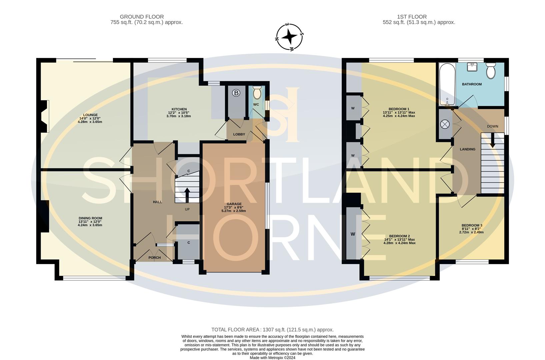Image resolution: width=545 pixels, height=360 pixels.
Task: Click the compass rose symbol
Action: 289,37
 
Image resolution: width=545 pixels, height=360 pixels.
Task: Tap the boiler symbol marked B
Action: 236,93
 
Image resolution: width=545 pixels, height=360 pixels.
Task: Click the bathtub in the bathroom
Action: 447,84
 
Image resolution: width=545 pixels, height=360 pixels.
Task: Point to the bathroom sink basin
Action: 472,67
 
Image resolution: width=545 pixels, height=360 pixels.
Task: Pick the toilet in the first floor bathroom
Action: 491,71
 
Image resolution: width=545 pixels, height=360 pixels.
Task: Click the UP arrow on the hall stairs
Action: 187,195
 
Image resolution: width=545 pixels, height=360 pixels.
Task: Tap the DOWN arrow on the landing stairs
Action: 492,141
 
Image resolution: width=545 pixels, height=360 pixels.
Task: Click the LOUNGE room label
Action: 90,115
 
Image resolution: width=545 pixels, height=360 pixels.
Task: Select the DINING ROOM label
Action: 90,218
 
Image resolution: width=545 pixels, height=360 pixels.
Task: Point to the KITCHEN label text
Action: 179,109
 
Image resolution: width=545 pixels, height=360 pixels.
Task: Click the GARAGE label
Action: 234,204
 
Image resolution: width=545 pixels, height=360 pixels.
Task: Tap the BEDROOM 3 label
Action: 472,225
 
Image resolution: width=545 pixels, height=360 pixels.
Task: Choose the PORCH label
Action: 154,258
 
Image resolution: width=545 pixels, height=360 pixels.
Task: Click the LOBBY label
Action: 239,134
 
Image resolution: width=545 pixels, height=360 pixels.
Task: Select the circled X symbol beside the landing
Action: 445,124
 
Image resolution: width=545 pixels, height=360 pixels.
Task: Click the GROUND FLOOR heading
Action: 142,17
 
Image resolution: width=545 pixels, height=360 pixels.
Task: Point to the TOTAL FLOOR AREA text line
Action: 273,330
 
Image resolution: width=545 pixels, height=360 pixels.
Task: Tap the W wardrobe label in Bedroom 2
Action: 353,234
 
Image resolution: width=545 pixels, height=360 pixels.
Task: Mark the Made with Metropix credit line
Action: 273,358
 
